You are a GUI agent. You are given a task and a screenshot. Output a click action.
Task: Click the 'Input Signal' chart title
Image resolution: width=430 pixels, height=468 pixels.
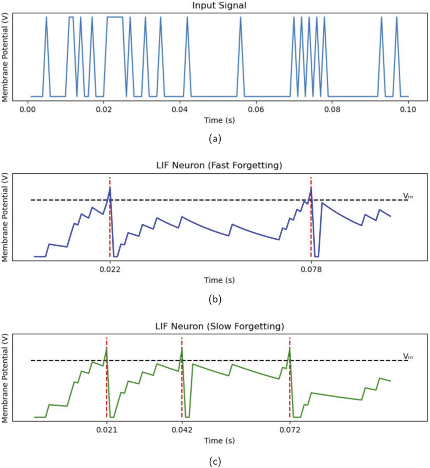[219, 6]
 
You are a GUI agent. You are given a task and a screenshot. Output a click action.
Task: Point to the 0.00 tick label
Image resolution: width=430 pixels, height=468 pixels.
[27, 110]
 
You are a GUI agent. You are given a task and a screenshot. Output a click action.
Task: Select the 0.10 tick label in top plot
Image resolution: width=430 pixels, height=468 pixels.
[408, 110]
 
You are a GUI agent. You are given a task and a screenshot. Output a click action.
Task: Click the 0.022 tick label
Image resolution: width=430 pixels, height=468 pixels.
[110, 269]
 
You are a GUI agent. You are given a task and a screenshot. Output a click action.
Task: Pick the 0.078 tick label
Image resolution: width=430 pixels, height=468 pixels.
[311, 269]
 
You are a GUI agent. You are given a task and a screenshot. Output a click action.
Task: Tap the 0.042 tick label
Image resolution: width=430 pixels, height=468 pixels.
[182, 430]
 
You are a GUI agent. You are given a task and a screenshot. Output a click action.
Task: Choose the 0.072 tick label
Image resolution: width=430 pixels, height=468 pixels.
[290, 430]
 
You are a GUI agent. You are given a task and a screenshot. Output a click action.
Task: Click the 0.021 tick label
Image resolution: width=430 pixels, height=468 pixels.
[106, 430]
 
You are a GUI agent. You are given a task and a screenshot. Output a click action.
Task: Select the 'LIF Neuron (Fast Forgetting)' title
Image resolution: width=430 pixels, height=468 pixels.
[219, 165]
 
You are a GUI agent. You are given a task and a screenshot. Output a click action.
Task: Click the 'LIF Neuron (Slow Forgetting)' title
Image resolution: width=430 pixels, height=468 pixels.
[219, 326]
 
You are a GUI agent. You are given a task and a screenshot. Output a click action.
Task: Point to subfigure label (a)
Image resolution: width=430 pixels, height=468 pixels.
[215, 139]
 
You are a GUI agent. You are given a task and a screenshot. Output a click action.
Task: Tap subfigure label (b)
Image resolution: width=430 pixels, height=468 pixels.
[215, 299]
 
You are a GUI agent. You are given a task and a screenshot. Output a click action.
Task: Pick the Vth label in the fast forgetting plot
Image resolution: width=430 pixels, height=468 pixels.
[408, 196]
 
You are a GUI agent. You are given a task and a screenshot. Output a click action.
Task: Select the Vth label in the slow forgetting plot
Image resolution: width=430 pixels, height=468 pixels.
[408, 356]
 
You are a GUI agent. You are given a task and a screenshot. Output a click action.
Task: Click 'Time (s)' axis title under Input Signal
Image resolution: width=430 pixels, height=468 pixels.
[219, 120]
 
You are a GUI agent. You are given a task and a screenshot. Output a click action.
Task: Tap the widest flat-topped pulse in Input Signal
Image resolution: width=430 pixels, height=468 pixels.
[115, 17]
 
